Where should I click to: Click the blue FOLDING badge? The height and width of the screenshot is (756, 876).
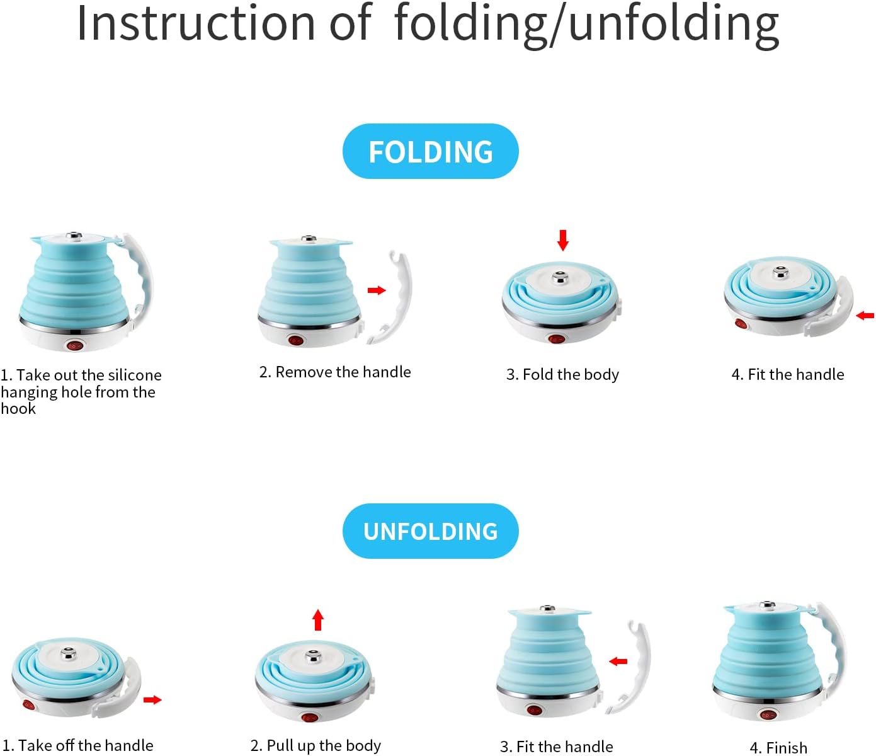(x=430, y=151)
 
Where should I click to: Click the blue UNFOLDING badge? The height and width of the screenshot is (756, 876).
(x=430, y=531)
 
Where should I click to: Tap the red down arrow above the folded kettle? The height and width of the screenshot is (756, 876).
(x=563, y=240)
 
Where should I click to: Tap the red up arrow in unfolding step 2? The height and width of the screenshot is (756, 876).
(x=318, y=620)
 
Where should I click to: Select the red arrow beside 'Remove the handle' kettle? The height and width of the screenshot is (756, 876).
(x=377, y=290)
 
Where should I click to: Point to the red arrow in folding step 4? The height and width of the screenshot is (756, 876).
(x=865, y=315)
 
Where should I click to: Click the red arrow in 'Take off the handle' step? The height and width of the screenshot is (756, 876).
(x=152, y=699)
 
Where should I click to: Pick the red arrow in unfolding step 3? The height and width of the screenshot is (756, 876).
(x=618, y=661)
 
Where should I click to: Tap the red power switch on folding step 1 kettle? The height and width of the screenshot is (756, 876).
(x=74, y=346)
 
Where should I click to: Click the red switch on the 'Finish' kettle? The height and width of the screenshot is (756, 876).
(x=768, y=715)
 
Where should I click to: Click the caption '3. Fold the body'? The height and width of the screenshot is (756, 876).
(x=562, y=374)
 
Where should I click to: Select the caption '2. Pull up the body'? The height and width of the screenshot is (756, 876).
(x=316, y=745)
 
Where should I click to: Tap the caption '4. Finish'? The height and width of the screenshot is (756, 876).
(x=778, y=747)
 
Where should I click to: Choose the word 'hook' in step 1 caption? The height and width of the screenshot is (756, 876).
(x=18, y=408)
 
